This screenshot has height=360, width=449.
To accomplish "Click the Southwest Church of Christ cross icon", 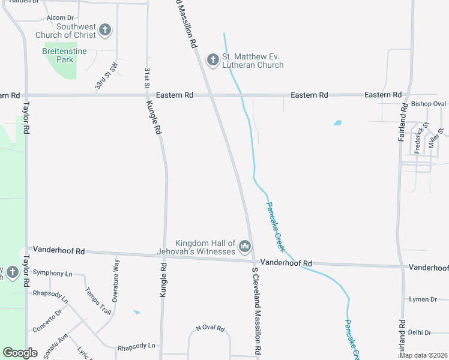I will (x=105, y=30).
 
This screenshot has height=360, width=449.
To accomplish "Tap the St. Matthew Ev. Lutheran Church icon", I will (x=212, y=60).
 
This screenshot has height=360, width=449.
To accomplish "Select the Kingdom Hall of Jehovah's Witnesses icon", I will (x=244, y=246).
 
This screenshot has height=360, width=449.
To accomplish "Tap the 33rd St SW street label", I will (x=106, y=76).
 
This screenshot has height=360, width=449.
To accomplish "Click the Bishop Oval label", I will (x=429, y=104).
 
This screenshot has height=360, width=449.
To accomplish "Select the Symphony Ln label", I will (x=52, y=273).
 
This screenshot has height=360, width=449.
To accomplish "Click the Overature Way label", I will (x=115, y=281).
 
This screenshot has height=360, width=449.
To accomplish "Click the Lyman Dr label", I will (x=423, y=299).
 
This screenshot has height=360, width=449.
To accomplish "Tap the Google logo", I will (x=20, y=353).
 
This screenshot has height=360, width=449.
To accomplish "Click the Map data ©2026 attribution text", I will (x=423, y=355).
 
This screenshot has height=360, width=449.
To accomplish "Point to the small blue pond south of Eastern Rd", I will (x=337, y=123).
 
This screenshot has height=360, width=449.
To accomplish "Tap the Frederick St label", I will (x=420, y=139).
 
